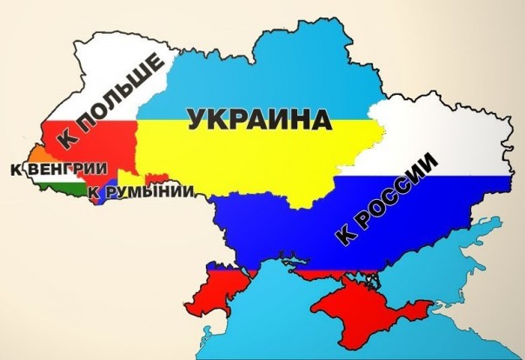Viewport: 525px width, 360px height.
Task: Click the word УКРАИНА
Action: (261, 119)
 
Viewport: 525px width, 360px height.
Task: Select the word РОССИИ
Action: (395, 190)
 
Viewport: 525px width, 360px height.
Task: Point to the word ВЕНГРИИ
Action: (64, 169)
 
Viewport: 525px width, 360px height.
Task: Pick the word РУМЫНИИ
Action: (147, 190)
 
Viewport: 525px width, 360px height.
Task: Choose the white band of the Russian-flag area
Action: (435, 139)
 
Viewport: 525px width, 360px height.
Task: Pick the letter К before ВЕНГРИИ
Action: (15, 170)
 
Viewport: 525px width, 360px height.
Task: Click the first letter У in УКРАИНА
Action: (197, 120)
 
